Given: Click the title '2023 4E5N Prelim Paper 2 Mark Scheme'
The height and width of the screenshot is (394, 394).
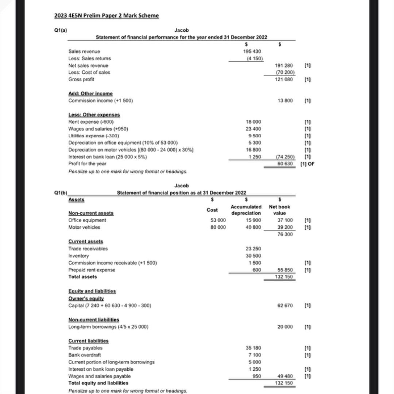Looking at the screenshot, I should tap(106, 16).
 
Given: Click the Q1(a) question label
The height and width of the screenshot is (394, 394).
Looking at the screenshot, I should tap(60, 30).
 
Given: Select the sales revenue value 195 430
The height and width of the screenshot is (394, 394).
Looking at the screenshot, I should tap(252, 51).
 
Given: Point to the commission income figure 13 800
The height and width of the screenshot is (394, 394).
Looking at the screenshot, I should tap(285, 100).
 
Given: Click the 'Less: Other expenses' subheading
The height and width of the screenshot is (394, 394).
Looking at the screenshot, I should tap(94, 115).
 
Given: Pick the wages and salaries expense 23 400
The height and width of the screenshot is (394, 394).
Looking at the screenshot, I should tap(254, 128).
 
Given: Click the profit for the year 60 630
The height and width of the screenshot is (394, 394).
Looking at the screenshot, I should tap(285, 164).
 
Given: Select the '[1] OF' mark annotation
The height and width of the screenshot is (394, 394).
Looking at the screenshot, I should tap(307, 164).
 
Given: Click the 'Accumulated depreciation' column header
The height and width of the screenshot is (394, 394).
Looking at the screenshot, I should tap(246, 210).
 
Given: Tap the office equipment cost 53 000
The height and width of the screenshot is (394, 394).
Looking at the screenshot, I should tap(218, 220).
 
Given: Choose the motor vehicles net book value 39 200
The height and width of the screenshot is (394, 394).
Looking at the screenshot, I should tap(285, 227).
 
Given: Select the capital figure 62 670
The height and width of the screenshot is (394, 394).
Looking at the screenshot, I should tap(285, 305).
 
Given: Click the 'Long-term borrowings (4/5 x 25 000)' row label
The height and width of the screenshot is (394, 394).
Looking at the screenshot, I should tap(108, 327).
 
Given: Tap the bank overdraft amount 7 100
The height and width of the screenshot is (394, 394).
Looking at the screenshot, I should tap(255, 355).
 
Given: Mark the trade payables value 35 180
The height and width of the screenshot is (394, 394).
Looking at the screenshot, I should tap(254, 348).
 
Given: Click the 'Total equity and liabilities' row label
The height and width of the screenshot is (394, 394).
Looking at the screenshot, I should tap(98, 383).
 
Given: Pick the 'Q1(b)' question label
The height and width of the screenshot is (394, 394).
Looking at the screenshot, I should tap(61, 193).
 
